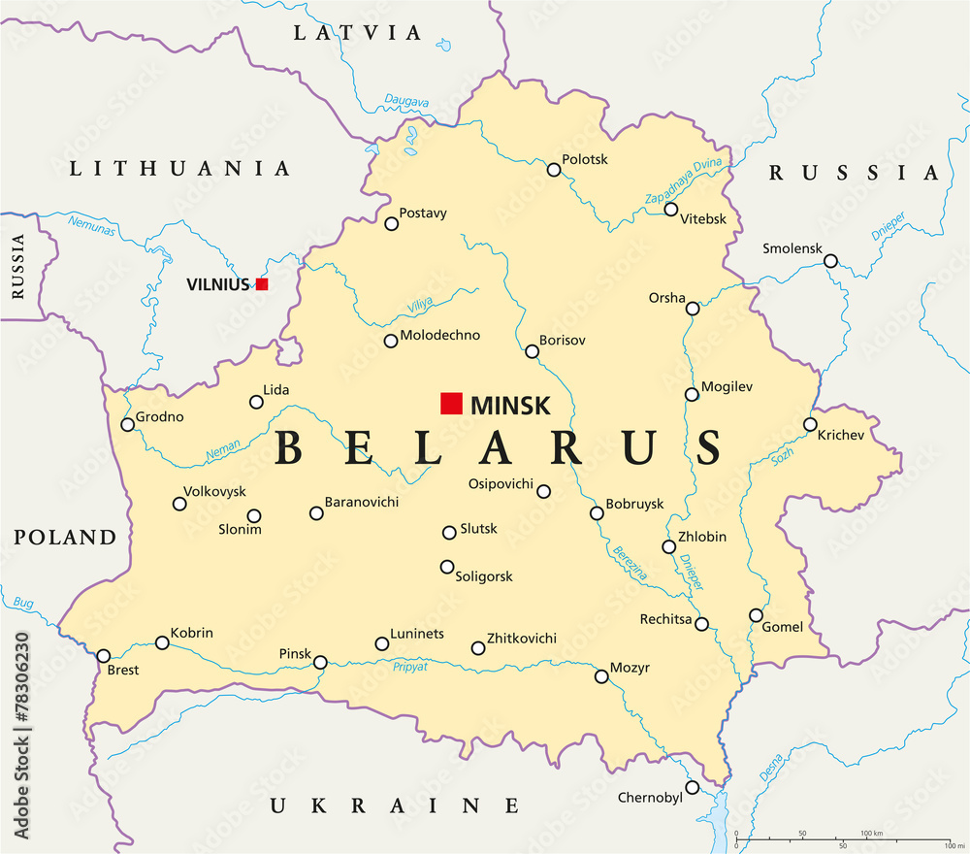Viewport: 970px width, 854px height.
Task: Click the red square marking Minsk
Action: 451,404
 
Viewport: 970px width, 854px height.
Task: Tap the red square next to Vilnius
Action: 262,284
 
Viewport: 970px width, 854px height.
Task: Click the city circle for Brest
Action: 104,656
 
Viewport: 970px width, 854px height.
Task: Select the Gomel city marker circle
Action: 756,615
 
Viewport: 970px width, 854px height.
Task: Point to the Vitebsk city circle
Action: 671,209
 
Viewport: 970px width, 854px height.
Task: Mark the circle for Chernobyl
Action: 692,787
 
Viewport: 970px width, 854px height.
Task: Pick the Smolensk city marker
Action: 830,261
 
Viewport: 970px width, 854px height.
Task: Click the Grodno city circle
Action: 127,424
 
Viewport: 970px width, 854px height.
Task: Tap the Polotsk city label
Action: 585,159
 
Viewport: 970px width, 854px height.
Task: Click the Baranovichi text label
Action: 361,503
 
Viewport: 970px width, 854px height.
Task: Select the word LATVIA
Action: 358,33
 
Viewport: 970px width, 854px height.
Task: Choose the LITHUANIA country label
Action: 179,169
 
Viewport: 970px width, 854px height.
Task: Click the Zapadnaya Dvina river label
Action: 685,181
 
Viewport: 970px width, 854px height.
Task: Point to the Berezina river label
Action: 629,563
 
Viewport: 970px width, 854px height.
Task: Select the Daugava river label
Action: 406,99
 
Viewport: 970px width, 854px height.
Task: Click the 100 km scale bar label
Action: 871,834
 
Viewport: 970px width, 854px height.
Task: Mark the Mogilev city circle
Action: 692,394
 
